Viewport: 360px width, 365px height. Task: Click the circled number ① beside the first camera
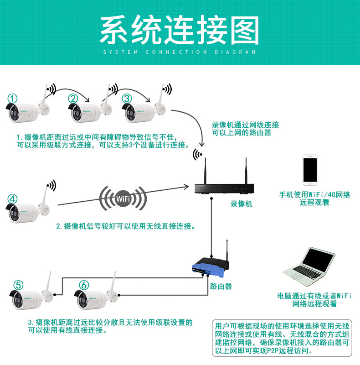pos(13,98)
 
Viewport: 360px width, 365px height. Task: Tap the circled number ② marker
pos(73,98)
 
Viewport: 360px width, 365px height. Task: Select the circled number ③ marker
pos(127,98)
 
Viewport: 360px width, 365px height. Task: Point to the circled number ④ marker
pos(13,199)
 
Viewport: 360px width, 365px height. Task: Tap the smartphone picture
pos(310,170)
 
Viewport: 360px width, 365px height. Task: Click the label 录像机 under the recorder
pos(241,204)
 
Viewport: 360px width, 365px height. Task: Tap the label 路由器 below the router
pos(221,287)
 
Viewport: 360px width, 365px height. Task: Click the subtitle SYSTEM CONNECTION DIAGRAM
pos(180,52)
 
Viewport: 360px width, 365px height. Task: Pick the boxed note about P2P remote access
pos(282,339)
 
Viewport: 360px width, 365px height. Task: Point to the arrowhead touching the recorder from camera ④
pos(186,186)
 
